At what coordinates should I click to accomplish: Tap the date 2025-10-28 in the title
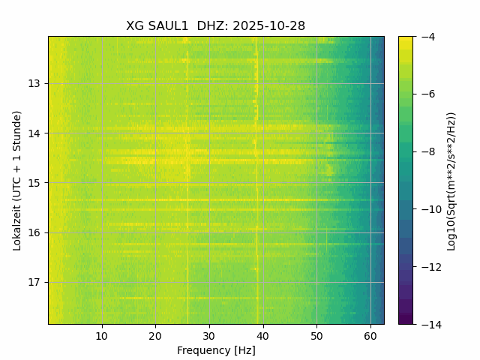pos(268,26)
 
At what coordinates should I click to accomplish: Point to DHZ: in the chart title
pos(211,26)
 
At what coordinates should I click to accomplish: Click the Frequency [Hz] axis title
pos(216,350)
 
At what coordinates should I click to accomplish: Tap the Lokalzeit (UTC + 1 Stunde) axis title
pos(16,180)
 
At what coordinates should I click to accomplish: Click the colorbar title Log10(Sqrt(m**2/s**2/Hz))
pos(451,180)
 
